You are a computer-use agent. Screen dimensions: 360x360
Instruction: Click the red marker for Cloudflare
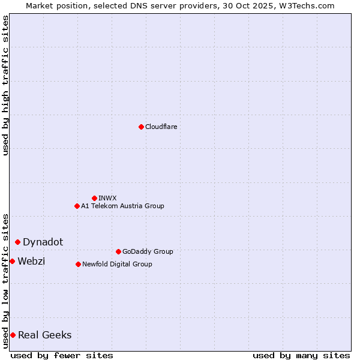[x=141, y=127]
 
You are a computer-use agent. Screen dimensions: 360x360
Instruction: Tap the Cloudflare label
[x=161, y=127]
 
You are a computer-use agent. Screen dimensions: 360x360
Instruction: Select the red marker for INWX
[x=94, y=198]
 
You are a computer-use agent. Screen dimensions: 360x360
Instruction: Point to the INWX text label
[x=107, y=198]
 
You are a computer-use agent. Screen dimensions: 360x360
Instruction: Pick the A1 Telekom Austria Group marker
[x=77, y=206]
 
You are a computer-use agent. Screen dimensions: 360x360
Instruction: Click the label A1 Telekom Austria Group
[x=122, y=206]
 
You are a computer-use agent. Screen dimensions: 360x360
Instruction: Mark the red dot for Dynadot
[x=18, y=242]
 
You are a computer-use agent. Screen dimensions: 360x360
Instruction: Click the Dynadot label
[x=43, y=242]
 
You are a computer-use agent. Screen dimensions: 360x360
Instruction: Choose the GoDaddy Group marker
[x=118, y=251]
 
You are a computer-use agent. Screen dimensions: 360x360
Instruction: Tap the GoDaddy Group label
[x=148, y=251]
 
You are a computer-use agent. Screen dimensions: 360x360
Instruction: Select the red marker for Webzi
[x=12, y=261]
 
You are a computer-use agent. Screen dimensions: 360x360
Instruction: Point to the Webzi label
[x=31, y=261]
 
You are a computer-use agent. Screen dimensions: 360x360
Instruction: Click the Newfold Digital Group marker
[x=78, y=264]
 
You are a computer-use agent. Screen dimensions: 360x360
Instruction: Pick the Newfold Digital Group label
[x=117, y=264]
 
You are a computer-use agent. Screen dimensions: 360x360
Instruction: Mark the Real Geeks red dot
[x=13, y=335]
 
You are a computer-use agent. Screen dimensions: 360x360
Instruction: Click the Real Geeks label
[x=44, y=335]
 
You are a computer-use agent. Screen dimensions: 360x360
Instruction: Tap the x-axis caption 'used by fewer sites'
[x=62, y=355]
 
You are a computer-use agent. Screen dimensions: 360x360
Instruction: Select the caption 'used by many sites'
[x=301, y=355]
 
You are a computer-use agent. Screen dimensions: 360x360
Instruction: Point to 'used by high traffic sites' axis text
[x=5, y=85]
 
